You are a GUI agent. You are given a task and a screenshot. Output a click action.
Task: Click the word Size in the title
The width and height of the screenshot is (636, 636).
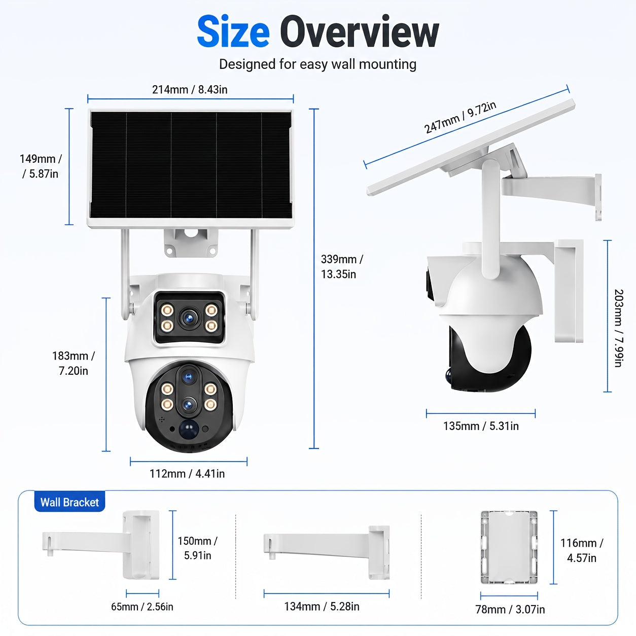click(x=233, y=32)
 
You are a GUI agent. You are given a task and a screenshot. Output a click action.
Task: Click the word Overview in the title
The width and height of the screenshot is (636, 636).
click(x=362, y=32)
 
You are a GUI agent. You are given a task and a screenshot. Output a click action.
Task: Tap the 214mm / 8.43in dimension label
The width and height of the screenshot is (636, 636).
click(x=190, y=89)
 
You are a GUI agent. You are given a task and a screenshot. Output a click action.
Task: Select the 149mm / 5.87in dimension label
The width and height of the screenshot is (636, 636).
click(x=41, y=166)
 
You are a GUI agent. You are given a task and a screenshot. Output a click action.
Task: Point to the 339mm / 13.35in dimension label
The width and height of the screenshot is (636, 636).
click(x=342, y=267)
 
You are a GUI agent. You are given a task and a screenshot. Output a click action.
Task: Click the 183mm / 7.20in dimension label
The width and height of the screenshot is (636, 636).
click(x=73, y=363)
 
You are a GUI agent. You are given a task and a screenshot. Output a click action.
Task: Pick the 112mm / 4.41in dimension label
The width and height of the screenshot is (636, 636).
click(x=187, y=474)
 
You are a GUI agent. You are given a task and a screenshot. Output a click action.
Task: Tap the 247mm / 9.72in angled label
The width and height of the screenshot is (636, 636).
click(x=460, y=117)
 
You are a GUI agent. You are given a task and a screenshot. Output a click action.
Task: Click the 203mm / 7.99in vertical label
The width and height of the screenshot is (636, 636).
click(x=619, y=328)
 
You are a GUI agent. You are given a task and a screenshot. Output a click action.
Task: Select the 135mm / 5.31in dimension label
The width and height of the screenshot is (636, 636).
click(x=481, y=426)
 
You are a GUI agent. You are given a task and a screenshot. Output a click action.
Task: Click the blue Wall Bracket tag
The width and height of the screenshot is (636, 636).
click(x=69, y=502)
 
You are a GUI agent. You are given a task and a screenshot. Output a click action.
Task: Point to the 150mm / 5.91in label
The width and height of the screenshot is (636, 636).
click(x=197, y=548)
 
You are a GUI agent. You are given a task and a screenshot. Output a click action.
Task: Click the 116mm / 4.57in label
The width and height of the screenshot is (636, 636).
click(x=582, y=550)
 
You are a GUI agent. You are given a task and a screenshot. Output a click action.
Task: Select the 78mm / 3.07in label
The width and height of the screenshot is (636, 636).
click(x=510, y=609)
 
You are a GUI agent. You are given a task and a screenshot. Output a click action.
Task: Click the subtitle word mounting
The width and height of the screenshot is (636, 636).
click(x=387, y=64)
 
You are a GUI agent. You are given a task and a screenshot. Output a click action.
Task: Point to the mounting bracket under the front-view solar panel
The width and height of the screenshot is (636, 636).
click(x=191, y=242)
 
